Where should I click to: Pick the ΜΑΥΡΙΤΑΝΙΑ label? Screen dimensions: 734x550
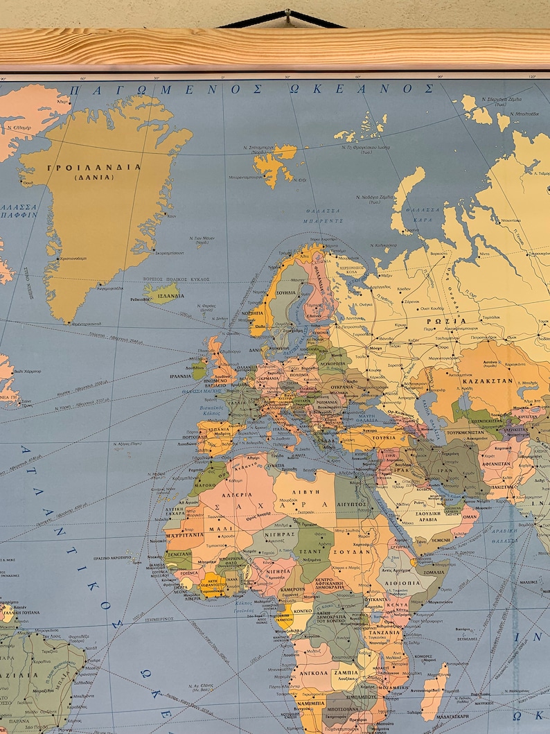185,535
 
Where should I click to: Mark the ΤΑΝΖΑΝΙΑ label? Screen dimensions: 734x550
385,632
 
